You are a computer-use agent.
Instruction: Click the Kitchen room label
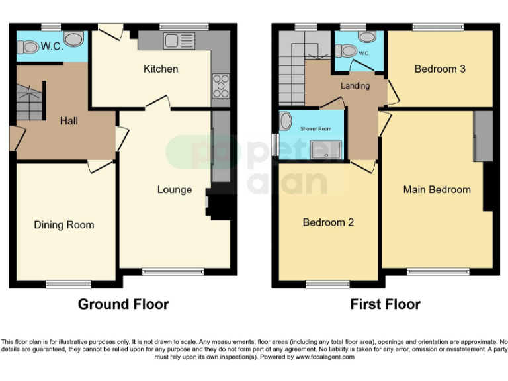[x=161, y=69]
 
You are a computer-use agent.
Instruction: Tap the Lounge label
[x=175, y=190]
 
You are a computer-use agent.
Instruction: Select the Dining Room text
[x=64, y=225]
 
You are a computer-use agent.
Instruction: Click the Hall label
[x=69, y=121]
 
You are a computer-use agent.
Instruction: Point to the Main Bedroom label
[x=437, y=189]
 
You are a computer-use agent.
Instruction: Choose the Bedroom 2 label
[x=328, y=222]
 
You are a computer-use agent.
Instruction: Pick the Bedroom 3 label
[x=440, y=69]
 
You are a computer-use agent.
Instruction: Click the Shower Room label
[x=316, y=129]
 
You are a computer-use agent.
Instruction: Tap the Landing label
[x=355, y=86]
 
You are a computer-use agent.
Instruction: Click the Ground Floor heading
[x=123, y=304]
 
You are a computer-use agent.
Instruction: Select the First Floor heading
[x=386, y=304]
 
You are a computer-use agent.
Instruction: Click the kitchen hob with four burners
[x=220, y=85]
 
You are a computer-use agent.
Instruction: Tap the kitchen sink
[x=175, y=40]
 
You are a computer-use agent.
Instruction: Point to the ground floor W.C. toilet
[x=29, y=47]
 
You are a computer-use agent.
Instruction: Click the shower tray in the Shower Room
[x=328, y=151]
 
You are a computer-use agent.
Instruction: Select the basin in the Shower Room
[x=286, y=121]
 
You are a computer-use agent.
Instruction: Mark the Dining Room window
[x=68, y=284]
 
